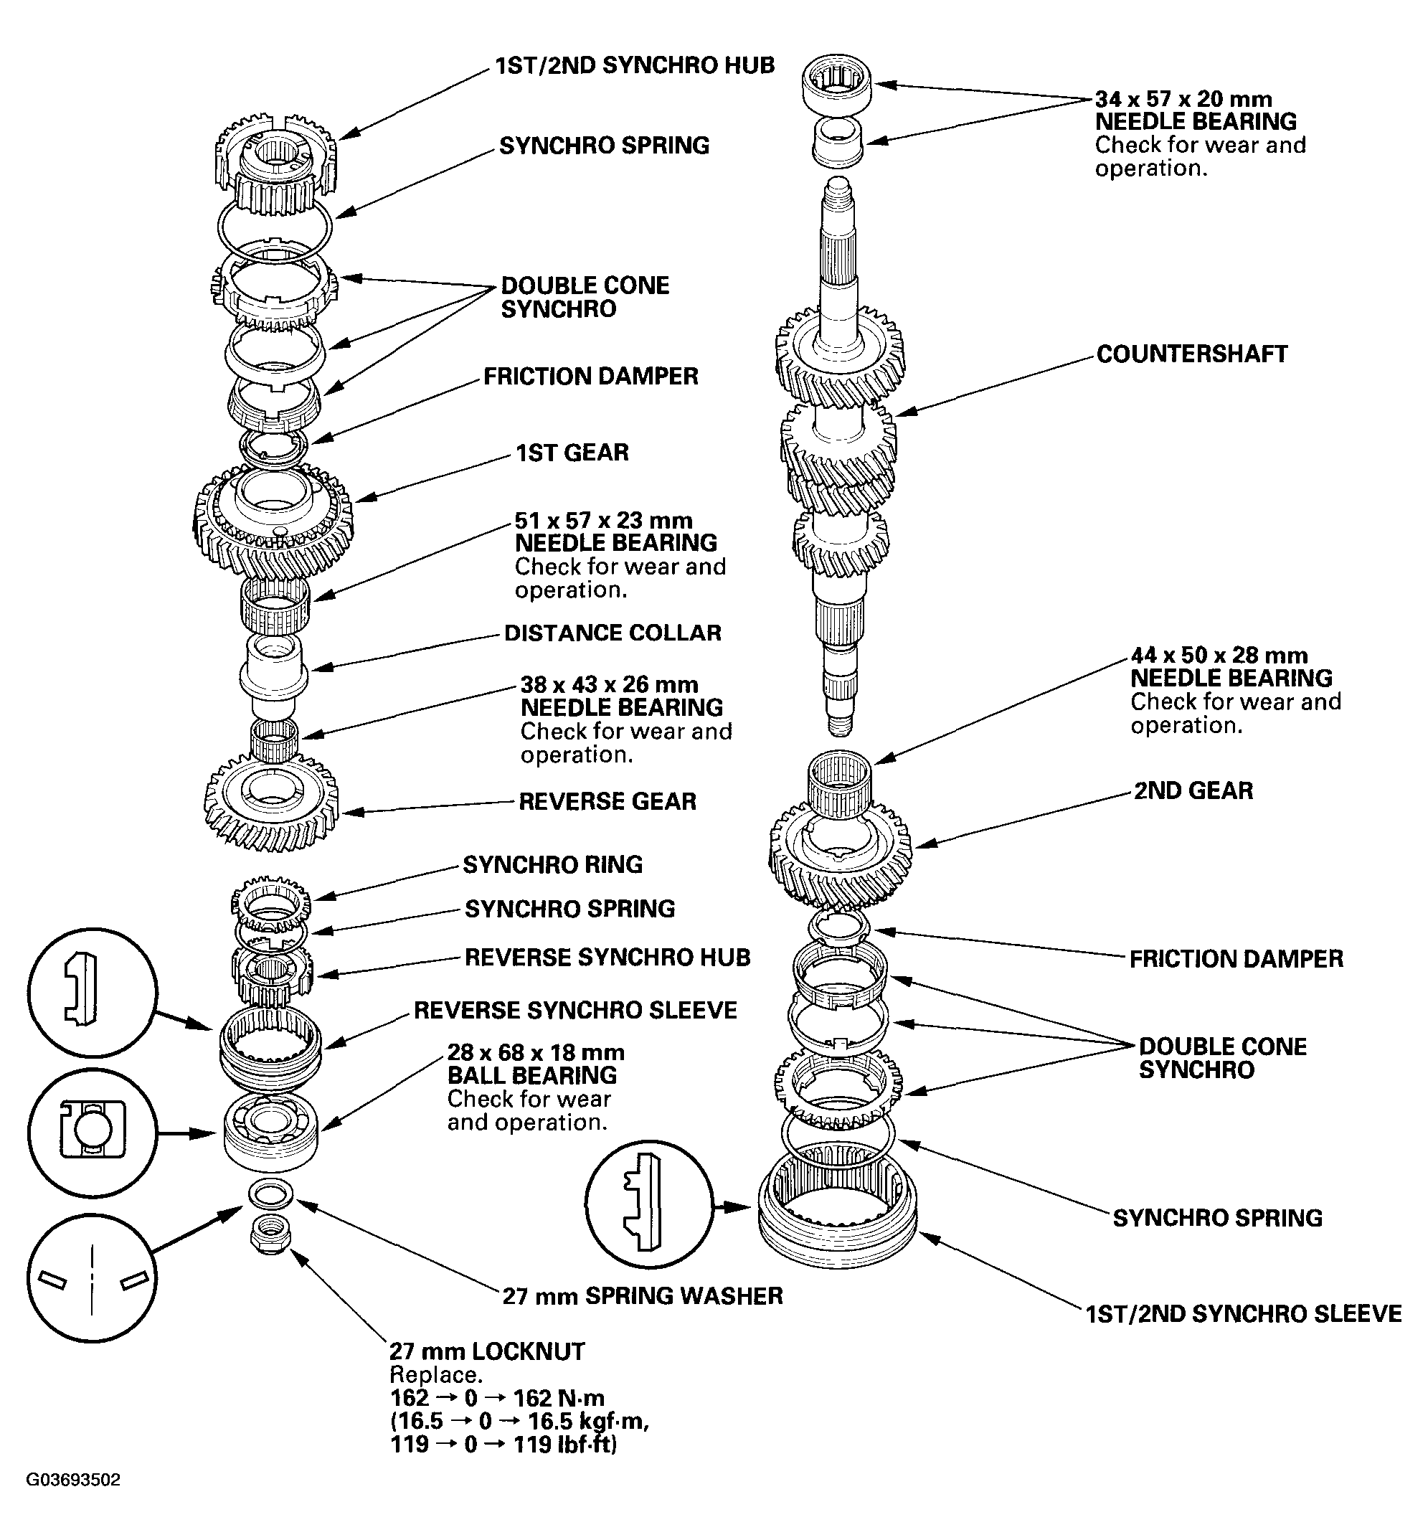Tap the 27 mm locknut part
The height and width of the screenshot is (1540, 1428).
270,1236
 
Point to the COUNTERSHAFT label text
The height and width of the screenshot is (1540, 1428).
1191,354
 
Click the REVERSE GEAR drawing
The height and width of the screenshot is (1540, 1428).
271,803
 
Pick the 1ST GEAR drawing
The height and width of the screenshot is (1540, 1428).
272,518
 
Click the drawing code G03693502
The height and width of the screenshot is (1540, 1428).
73,1480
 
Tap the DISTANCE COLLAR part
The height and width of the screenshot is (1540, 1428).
273,672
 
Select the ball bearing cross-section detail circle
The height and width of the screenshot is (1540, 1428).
92,1133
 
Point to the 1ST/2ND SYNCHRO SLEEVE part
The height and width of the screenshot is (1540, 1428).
838,1213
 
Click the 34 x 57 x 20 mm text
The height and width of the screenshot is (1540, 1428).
1183,99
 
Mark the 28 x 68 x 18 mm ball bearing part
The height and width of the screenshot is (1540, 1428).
270,1132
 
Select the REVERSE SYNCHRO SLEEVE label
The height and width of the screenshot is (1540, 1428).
575,1011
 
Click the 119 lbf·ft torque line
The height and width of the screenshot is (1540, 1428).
503,1445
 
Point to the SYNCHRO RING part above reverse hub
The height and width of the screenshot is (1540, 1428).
270,902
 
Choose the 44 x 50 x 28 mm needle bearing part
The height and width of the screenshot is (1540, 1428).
840,782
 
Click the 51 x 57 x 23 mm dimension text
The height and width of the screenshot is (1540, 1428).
603,520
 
